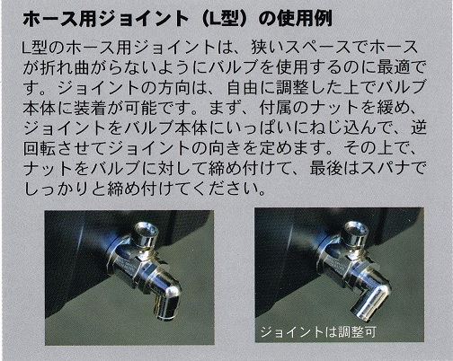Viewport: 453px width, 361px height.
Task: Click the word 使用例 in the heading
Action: [305, 20]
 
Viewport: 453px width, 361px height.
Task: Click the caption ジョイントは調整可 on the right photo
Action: [318, 332]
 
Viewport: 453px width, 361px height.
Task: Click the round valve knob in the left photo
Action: [146, 233]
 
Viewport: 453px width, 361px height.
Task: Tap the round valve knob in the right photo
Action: [356, 233]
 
